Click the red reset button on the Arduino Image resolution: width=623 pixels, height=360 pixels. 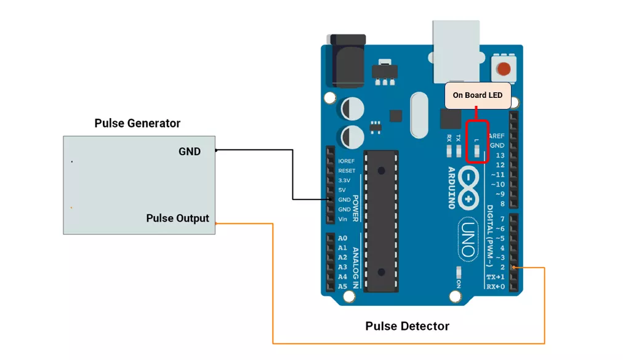click(504, 69)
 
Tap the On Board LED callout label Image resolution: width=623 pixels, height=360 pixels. click(478, 95)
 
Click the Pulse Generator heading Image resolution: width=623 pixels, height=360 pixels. click(137, 123)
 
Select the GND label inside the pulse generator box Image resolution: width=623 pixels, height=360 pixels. click(190, 151)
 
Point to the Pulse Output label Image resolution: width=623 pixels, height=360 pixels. click(177, 218)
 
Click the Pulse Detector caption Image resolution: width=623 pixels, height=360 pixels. click(407, 326)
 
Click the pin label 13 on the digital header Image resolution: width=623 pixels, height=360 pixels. click(500, 156)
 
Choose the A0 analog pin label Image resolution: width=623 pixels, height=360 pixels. click(342, 238)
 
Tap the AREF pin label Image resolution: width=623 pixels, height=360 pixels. click(496, 136)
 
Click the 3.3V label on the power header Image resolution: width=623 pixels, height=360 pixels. click(344, 180)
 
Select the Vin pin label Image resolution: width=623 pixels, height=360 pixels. click(343, 219)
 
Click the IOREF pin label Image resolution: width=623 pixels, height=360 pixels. click(347, 161)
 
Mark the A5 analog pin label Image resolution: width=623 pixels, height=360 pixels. click(342, 286)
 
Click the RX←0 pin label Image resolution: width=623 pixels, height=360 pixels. click(496, 287)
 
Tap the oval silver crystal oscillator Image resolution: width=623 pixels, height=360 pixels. click(419, 115)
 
